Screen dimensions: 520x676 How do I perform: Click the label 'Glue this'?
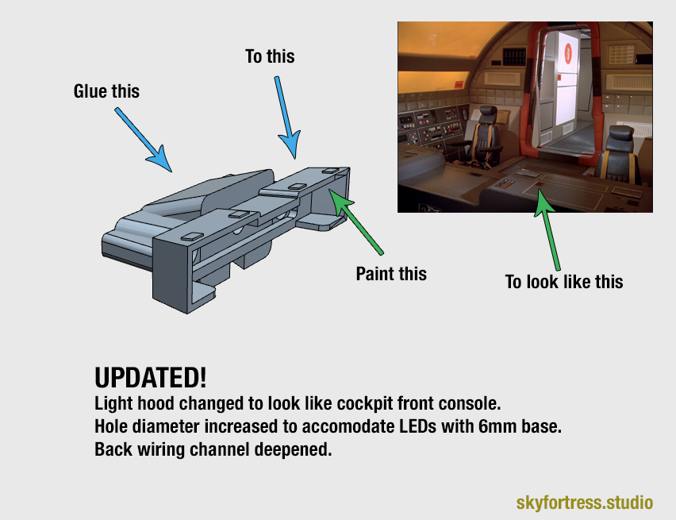coord(106,91)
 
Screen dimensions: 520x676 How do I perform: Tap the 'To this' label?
coord(270,56)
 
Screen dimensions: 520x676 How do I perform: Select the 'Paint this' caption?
coord(391,274)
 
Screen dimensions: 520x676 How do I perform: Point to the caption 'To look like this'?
coord(564,282)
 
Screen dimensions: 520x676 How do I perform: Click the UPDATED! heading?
coord(150,377)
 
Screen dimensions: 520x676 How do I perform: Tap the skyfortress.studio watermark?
coord(584,503)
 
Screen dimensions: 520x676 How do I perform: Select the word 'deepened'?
coord(294,449)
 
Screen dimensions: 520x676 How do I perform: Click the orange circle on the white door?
coord(568,53)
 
